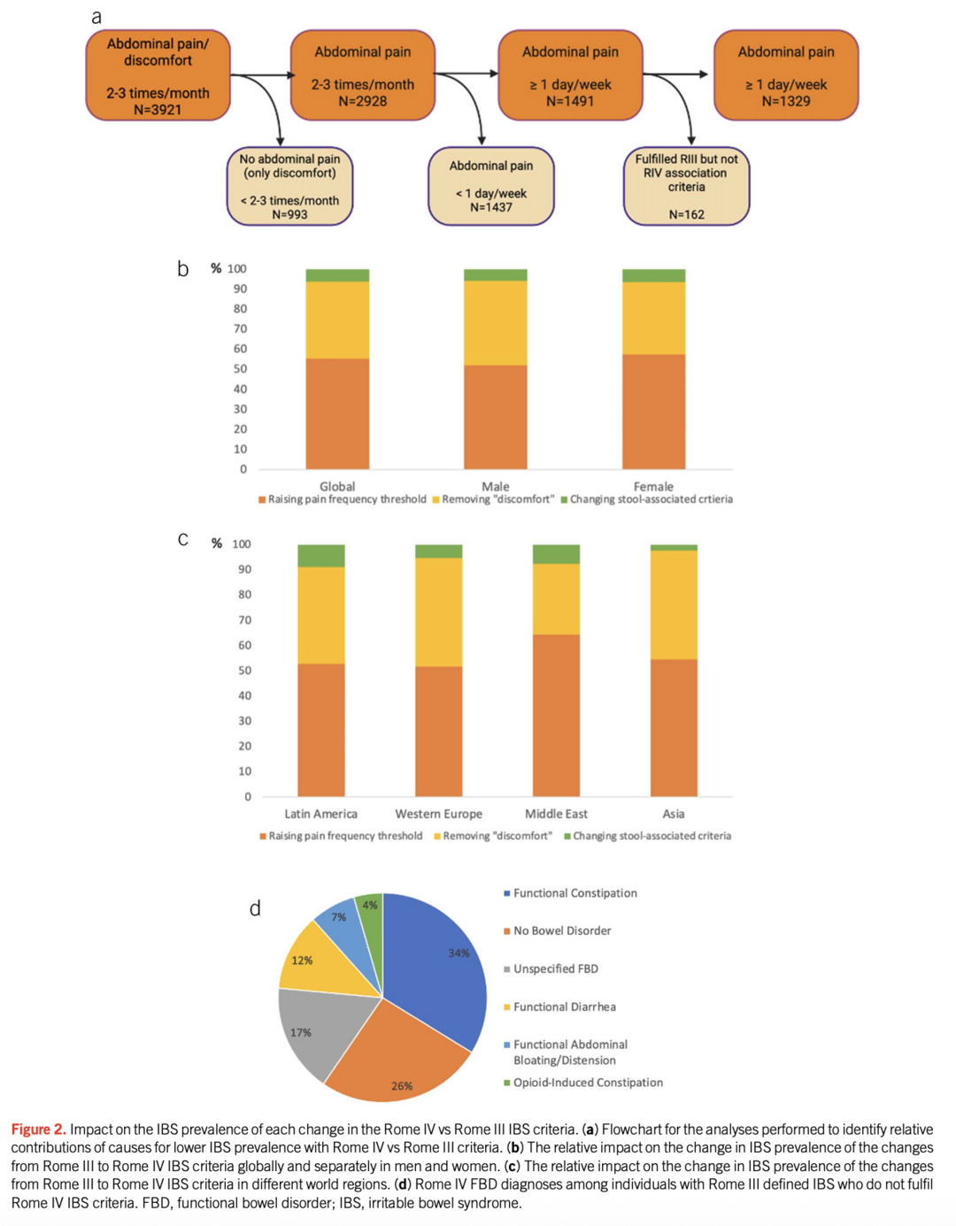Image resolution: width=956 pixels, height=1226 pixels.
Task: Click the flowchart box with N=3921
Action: point(158,76)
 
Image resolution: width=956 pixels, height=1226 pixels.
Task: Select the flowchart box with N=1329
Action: point(786,76)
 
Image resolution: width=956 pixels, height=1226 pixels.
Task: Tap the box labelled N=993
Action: point(289,186)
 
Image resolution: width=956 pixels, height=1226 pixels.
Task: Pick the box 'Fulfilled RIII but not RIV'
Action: point(686,186)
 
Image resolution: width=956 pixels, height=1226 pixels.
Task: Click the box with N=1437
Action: point(490,186)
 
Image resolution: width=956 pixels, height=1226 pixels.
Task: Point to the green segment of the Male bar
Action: point(495,275)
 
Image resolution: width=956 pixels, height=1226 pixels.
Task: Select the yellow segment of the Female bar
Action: point(653,318)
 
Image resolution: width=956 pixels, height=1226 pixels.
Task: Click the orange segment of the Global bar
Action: point(337,413)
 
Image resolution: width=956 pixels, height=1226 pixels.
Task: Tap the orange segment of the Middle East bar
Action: point(556,715)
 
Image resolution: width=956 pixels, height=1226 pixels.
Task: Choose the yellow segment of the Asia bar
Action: point(674,605)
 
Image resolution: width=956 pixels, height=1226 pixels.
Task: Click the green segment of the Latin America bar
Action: point(320,556)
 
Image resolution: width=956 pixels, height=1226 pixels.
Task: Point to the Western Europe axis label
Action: point(438,813)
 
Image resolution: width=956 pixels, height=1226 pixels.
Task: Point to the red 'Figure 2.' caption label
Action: point(38,1129)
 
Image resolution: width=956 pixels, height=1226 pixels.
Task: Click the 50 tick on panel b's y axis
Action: point(240,369)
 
